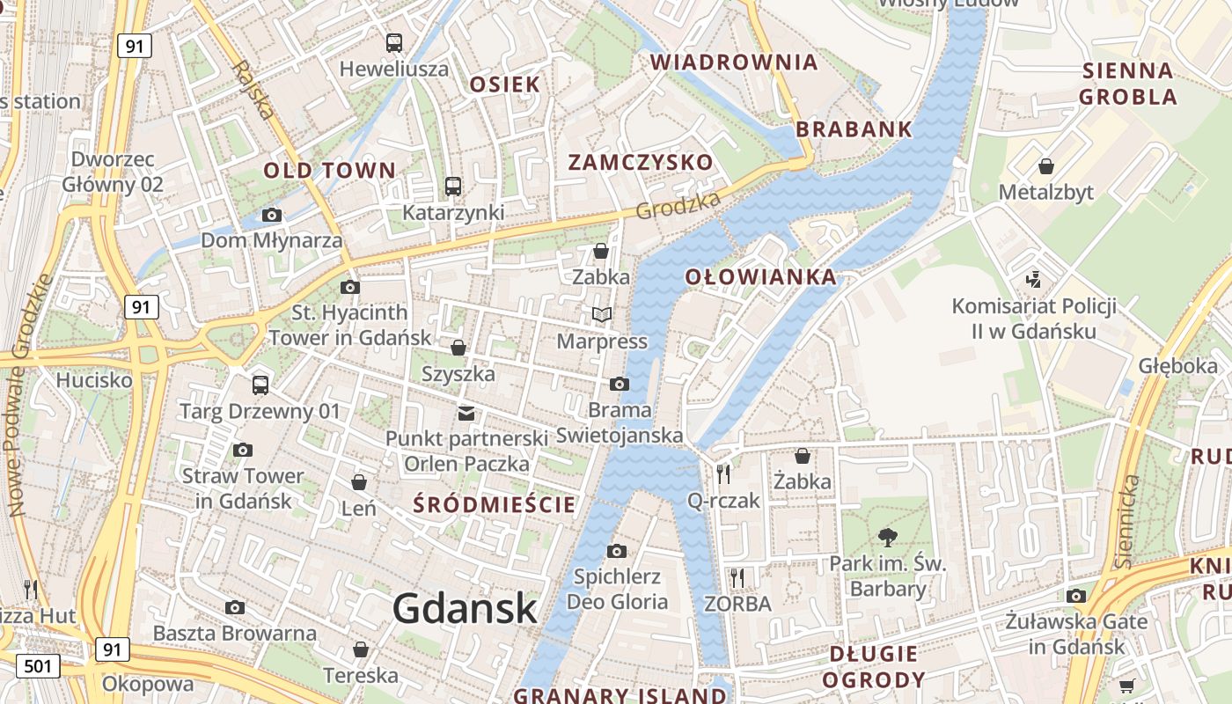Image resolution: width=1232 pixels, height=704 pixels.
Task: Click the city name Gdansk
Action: [x=465, y=608]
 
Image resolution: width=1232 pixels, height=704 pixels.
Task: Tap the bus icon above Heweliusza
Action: [x=394, y=42]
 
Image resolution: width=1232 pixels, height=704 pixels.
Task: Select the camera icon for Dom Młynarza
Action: [x=272, y=215]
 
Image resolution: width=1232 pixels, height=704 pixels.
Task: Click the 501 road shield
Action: [x=38, y=666]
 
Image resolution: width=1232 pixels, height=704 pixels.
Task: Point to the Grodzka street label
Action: [x=678, y=206]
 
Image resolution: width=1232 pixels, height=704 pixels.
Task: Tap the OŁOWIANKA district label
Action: [x=761, y=277]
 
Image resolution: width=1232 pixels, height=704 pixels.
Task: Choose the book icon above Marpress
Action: [x=602, y=315]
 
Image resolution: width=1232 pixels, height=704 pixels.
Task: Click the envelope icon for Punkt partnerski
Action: [x=466, y=413]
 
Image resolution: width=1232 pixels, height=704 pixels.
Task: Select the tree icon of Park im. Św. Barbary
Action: [x=888, y=537]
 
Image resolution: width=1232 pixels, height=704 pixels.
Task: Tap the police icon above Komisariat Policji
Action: [x=1034, y=281]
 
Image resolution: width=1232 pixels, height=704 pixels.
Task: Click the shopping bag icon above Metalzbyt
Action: [x=1046, y=166]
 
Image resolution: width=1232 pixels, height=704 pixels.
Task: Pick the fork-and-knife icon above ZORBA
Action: [x=737, y=577]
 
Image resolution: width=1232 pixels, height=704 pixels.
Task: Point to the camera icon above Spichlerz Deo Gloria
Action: [x=617, y=551]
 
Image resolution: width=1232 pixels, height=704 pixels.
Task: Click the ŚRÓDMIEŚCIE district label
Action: [x=495, y=505]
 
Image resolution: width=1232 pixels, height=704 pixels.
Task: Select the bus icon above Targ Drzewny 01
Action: [x=260, y=385]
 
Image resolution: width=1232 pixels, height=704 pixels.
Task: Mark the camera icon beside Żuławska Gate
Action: [x=1076, y=597]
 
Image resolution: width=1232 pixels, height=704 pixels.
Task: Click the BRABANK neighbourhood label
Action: [x=854, y=129]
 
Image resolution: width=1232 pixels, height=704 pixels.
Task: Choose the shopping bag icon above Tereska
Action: [x=361, y=649]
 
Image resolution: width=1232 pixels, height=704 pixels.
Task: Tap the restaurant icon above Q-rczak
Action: [x=723, y=474]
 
